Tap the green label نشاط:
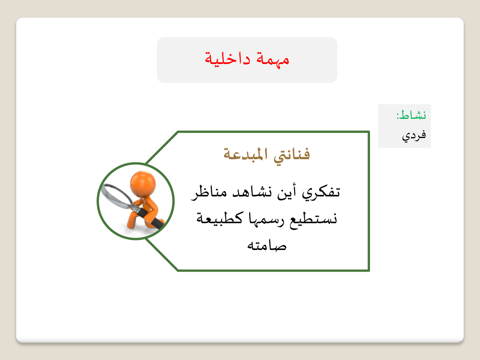(411, 115)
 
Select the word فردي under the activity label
(414, 136)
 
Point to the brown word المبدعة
(245, 154)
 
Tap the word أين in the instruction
(286, 192)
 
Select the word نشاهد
(252, 192)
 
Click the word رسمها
(266, 219)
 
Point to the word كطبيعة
(220, 218)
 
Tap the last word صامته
(267, 246)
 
